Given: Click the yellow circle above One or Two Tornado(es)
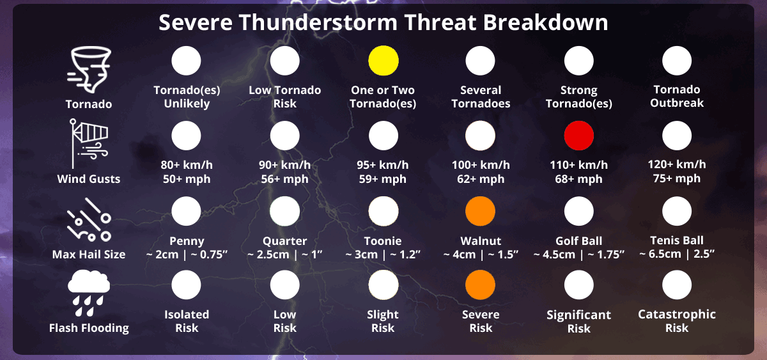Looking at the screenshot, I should [x=383, y=61].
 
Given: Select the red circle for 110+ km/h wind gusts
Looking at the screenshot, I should [x=579, y=136].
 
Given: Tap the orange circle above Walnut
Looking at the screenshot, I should [x=481, y=211].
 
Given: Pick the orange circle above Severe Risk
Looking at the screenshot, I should [x=481, y=285].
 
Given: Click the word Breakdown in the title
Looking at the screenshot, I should [x=545, y=22].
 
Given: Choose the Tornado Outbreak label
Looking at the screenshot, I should [x=677, y=97].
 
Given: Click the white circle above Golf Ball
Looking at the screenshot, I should [x=579, y=211].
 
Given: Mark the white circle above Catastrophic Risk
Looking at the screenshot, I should [x=677, y=285].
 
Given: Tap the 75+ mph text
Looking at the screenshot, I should [x=677, y=178].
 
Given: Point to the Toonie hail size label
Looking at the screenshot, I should [x=383, y=241].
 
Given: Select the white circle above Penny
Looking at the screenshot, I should [x=187, y=211].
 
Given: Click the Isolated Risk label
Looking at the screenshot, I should [x=187, y=321].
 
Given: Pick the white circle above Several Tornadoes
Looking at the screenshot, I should [x=481, y=61].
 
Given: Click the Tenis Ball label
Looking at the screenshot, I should [x=677, y=240].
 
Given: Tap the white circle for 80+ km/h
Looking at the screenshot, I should [x=187, y=136].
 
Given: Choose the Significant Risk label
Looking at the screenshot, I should [x=579, y=322].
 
